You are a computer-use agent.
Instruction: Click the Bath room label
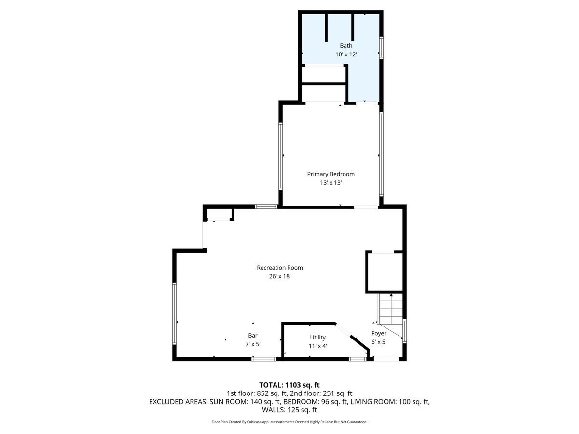pos(346,46)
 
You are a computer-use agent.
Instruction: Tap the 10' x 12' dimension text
pos(346,54)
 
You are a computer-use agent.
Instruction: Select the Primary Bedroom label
pos(331,174)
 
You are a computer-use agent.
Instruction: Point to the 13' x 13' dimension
pos(331,183)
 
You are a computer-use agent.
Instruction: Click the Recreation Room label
pos(280,268)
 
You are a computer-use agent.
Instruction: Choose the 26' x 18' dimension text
pos(280,276)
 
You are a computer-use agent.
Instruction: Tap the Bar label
pos(253,335)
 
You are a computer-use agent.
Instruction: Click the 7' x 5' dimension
pos(253,344)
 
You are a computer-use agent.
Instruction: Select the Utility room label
pos(318,337)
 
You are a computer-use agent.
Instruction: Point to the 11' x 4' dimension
pos(318,346)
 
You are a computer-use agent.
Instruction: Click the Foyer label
pos(379,333)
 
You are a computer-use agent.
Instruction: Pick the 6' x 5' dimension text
pos(379,341)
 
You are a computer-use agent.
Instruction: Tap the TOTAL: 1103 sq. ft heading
pos(289,385)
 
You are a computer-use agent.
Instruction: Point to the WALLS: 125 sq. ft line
pos(289,410)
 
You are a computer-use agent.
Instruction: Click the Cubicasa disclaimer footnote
pos(289,422)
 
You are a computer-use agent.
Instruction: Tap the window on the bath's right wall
pos(381,48)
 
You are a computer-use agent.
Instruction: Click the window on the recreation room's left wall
pos(175,313)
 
